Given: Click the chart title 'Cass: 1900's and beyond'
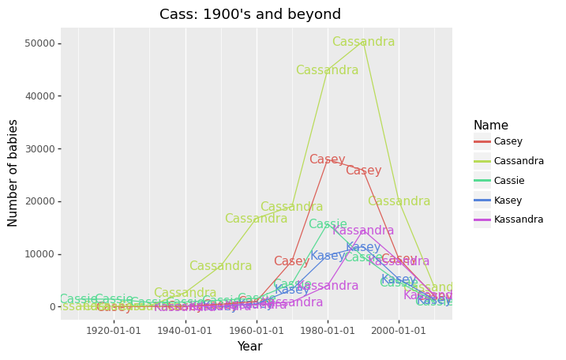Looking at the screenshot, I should click(x=250, y=14).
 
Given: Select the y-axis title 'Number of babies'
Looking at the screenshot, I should click(x=13, y=173).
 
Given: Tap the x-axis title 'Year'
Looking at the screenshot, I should click(x=249, y=347).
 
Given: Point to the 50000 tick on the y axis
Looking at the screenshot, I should click(x=40, y=43).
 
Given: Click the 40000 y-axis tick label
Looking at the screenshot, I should click(x=40, y=96).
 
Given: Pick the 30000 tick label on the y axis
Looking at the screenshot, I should click(x=40, y=148).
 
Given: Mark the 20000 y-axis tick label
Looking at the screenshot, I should click(x=40, y=201).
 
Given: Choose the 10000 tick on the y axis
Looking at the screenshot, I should click(x=40, y=254).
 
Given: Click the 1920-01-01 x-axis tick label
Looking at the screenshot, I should click(x=114, y=330).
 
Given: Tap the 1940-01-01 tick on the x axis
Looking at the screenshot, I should click(x=186, y=330).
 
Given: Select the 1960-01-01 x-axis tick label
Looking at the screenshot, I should click(x=257, y=330).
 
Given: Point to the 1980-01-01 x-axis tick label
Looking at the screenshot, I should click(x=328, y=330).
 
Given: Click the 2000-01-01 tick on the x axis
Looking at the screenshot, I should click(x=399, y=330).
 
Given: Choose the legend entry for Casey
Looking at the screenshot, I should click(x=508, y=141).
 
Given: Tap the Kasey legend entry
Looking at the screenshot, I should click(x=508, y=201).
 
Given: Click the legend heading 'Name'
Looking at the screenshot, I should click(x=491, y=126).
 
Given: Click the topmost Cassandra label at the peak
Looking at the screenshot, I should click(x=363, y=42).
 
